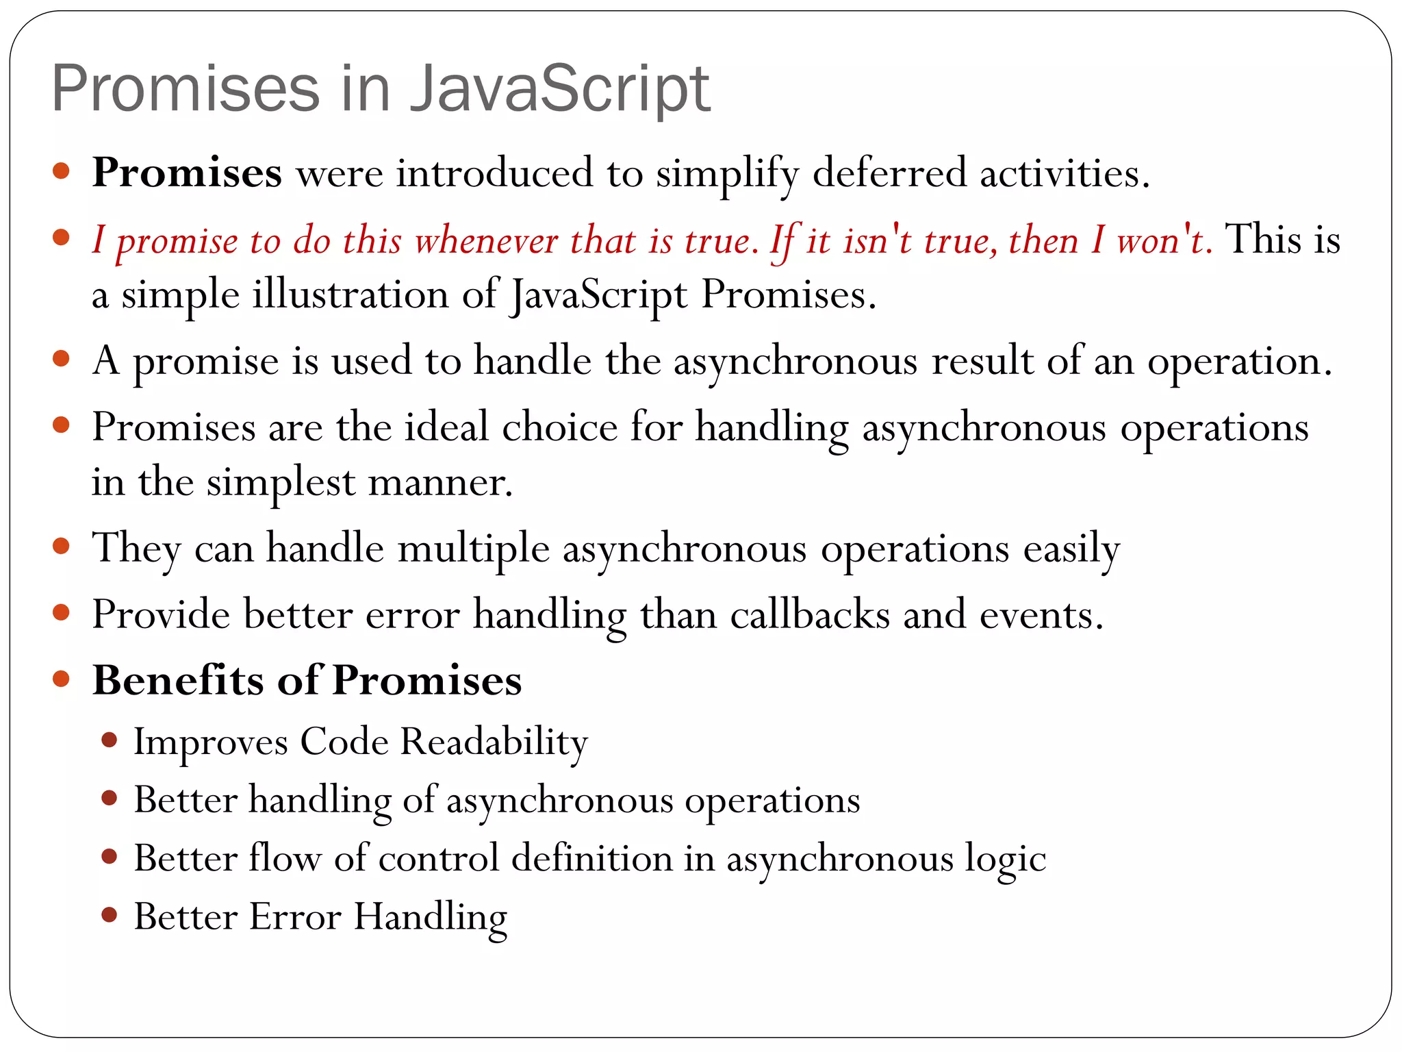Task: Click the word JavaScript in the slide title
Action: (559, 89)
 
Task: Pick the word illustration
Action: (350, 295)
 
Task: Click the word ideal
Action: (446, 427)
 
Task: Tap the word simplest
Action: (281, 482)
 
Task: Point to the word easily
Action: (1071, 549)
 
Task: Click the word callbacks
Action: (810, 614)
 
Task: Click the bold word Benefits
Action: (178, 680)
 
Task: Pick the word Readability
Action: (494, 742)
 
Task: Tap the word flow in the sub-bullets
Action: (285, 858)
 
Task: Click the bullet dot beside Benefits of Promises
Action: (62, 679)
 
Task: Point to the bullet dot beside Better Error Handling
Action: (109, 914)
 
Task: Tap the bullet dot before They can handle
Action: (62, 547)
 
